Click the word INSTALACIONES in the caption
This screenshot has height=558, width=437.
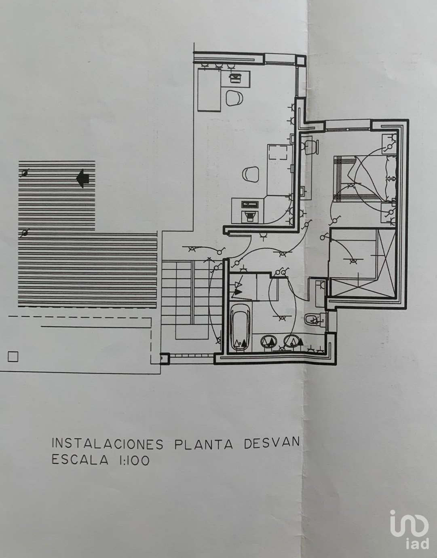click(x=108, y=444)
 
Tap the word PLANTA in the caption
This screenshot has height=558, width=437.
click(x=204, y=443)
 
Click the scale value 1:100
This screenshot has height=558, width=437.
click(x=134, y=460)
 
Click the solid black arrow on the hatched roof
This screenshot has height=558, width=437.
click(x=83, y=178)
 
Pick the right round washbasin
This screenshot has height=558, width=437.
click(x=292, y=341)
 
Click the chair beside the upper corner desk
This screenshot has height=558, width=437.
click(x=234, y=98)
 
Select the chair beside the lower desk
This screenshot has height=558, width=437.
click(x=251, y=174)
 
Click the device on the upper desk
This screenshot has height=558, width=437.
click(x=234, y=78)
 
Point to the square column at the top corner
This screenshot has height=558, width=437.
click(x=300, y=61)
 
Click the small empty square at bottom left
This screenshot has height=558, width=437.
click(x=13, y=357)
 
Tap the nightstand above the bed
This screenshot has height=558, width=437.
click(x=389, y=144)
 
